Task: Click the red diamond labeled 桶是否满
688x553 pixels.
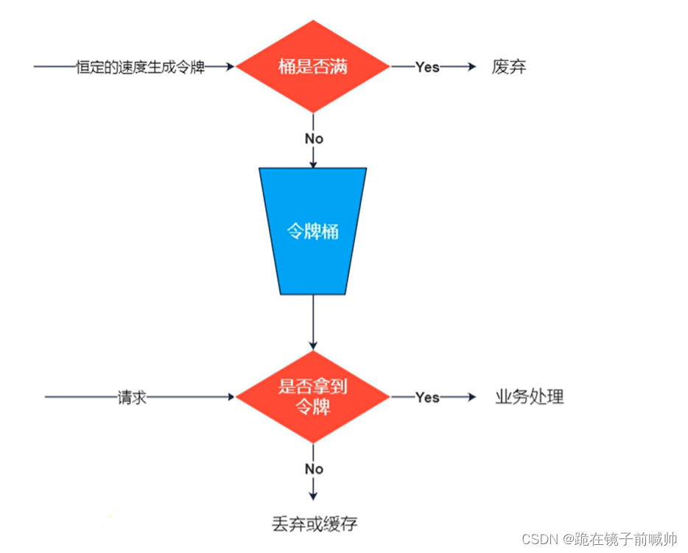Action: [x=313, y=67]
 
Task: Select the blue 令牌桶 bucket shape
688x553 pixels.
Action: [x=313, y=231]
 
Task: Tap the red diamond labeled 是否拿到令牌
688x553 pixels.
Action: [x=313, y=397]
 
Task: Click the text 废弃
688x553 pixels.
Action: [x=509, y=67]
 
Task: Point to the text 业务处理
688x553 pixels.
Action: [x=529, y=397]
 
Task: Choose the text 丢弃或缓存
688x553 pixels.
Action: [x=314, y=524]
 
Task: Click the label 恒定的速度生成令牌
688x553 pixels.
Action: [x=140, y=67]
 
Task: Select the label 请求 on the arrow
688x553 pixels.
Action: [x=132, y=397]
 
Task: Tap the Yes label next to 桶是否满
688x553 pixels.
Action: [x=427, y=67]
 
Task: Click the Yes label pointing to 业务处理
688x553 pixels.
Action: [x=427, y=397]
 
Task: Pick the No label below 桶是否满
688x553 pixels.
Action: [x=314, y=138]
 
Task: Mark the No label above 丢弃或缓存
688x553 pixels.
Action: [x=314, y=469]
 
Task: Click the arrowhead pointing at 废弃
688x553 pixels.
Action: [x=472, y=67]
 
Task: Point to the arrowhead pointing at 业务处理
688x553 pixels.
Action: [x=472, y=397]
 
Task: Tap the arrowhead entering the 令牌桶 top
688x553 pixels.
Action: [x=314, y=163]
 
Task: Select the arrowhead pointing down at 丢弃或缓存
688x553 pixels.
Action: [x=314, y=496]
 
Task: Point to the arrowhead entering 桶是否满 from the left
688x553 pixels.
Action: [x=230, y=67]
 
